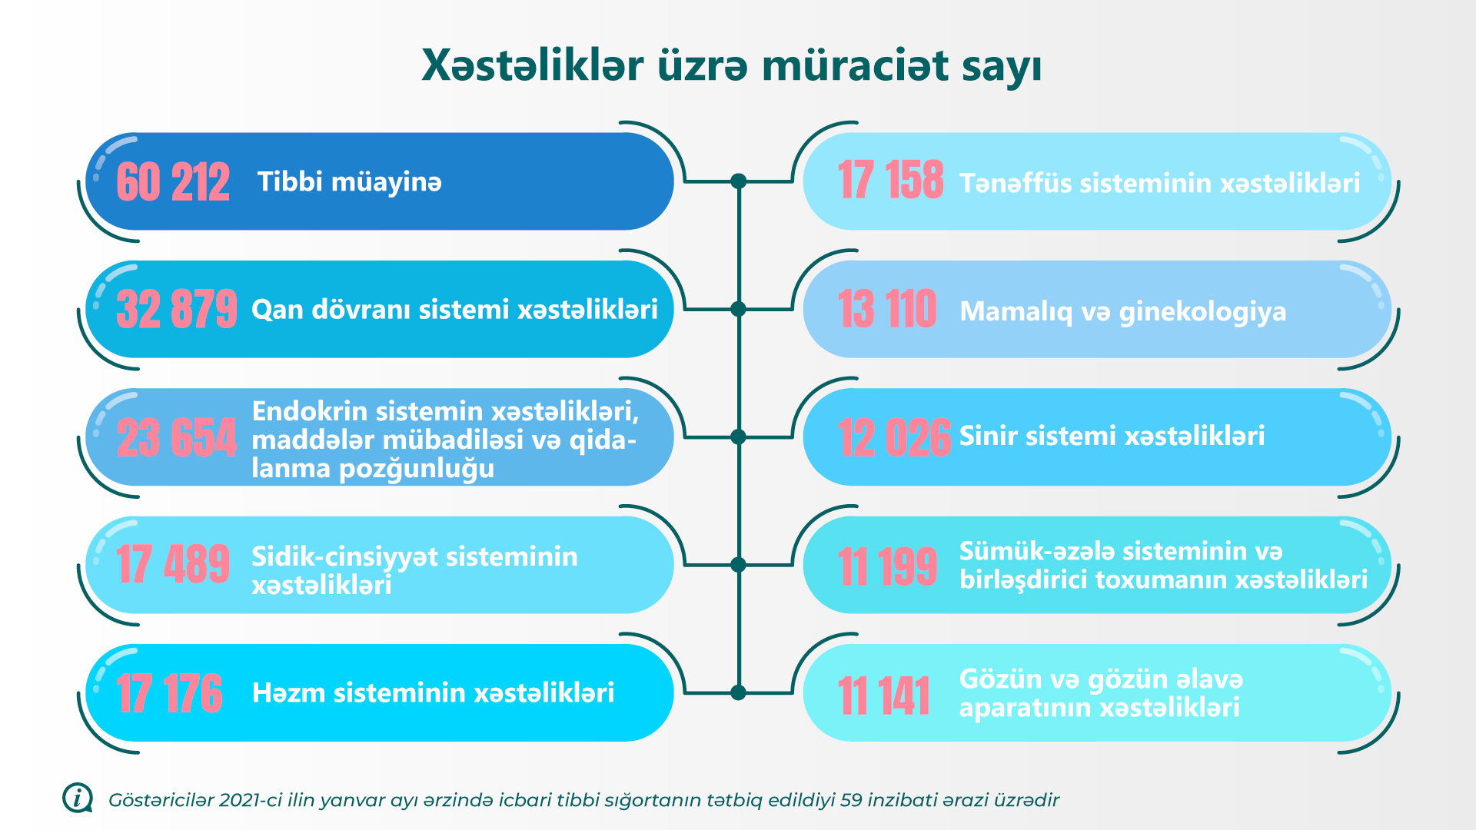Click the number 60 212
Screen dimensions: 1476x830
tap(173, 182)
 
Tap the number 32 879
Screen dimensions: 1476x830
tap(177, 309)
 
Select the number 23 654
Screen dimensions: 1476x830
tap(177, 437)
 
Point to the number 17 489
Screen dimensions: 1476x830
tap(173, 564)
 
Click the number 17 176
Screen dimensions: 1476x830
tap(169, 693)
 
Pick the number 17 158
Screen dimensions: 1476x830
tap(891, 180)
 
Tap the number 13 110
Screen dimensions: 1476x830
tap(887, 309)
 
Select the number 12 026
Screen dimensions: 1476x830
tap(895, 437)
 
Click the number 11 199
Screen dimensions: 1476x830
tap(888, 566)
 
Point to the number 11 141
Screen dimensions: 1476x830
tap(884, 696)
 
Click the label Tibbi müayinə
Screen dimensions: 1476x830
tap(350, 182)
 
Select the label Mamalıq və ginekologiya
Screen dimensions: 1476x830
tap(1123, 312)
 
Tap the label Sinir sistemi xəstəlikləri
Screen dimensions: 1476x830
tap(1112, 436)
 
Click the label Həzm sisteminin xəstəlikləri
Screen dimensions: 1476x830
tap(434, 692)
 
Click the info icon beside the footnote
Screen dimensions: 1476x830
tap(78, 798)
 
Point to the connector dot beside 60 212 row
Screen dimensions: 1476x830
tap(739, 181)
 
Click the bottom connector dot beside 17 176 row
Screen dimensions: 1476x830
tap(739, 692)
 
